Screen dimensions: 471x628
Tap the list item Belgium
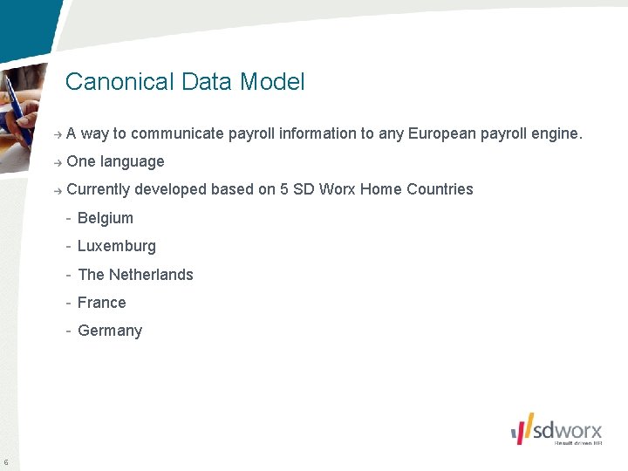pos(105,218)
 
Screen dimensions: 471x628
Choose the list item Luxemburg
pos(116,246)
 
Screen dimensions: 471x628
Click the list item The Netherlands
pos(135,275)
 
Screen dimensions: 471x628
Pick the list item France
pos(101,303)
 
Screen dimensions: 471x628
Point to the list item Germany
pos(109,331)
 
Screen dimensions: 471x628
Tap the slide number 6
pos(6,462)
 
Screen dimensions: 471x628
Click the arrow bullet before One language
pos(57,162)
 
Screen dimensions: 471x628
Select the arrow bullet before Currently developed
pos(57,190)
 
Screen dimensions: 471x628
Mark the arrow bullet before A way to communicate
pos(57,134)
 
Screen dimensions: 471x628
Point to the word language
pos(132,162)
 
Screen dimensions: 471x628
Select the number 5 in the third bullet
pos(284,189)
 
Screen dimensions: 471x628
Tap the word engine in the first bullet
pos(555,134)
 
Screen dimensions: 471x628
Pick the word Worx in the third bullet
pos(337,189)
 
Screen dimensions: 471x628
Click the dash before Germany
pos(68,331)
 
